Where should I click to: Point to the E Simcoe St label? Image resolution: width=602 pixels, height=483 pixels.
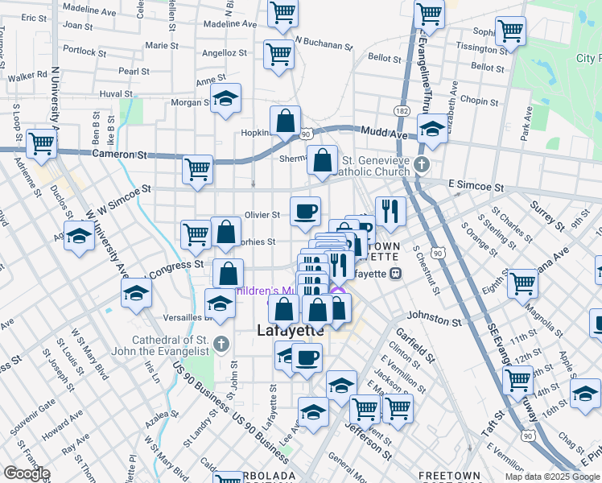click(476, 186)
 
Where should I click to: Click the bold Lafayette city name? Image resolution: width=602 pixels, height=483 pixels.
click(290, 330)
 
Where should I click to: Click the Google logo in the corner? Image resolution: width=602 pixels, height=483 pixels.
click(26, 473)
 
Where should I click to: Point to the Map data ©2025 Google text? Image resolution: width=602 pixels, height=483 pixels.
click(552, 477)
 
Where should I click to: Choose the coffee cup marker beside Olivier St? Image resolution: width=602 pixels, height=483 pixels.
click(305, 211)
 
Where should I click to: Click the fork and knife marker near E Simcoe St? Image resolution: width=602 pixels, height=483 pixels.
click(390, 211)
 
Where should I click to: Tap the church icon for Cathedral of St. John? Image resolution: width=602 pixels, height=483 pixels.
click(224, 346)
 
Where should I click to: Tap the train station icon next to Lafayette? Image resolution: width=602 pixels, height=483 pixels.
click(396, 273)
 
